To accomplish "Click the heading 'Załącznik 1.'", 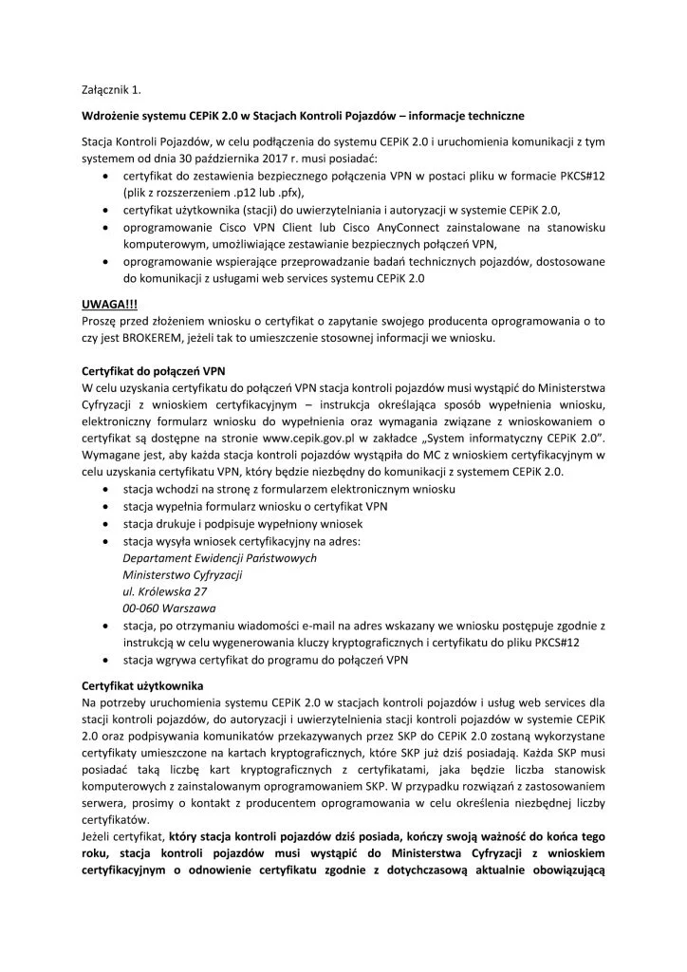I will (112, 90).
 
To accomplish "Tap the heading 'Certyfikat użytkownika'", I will (140, 685).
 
